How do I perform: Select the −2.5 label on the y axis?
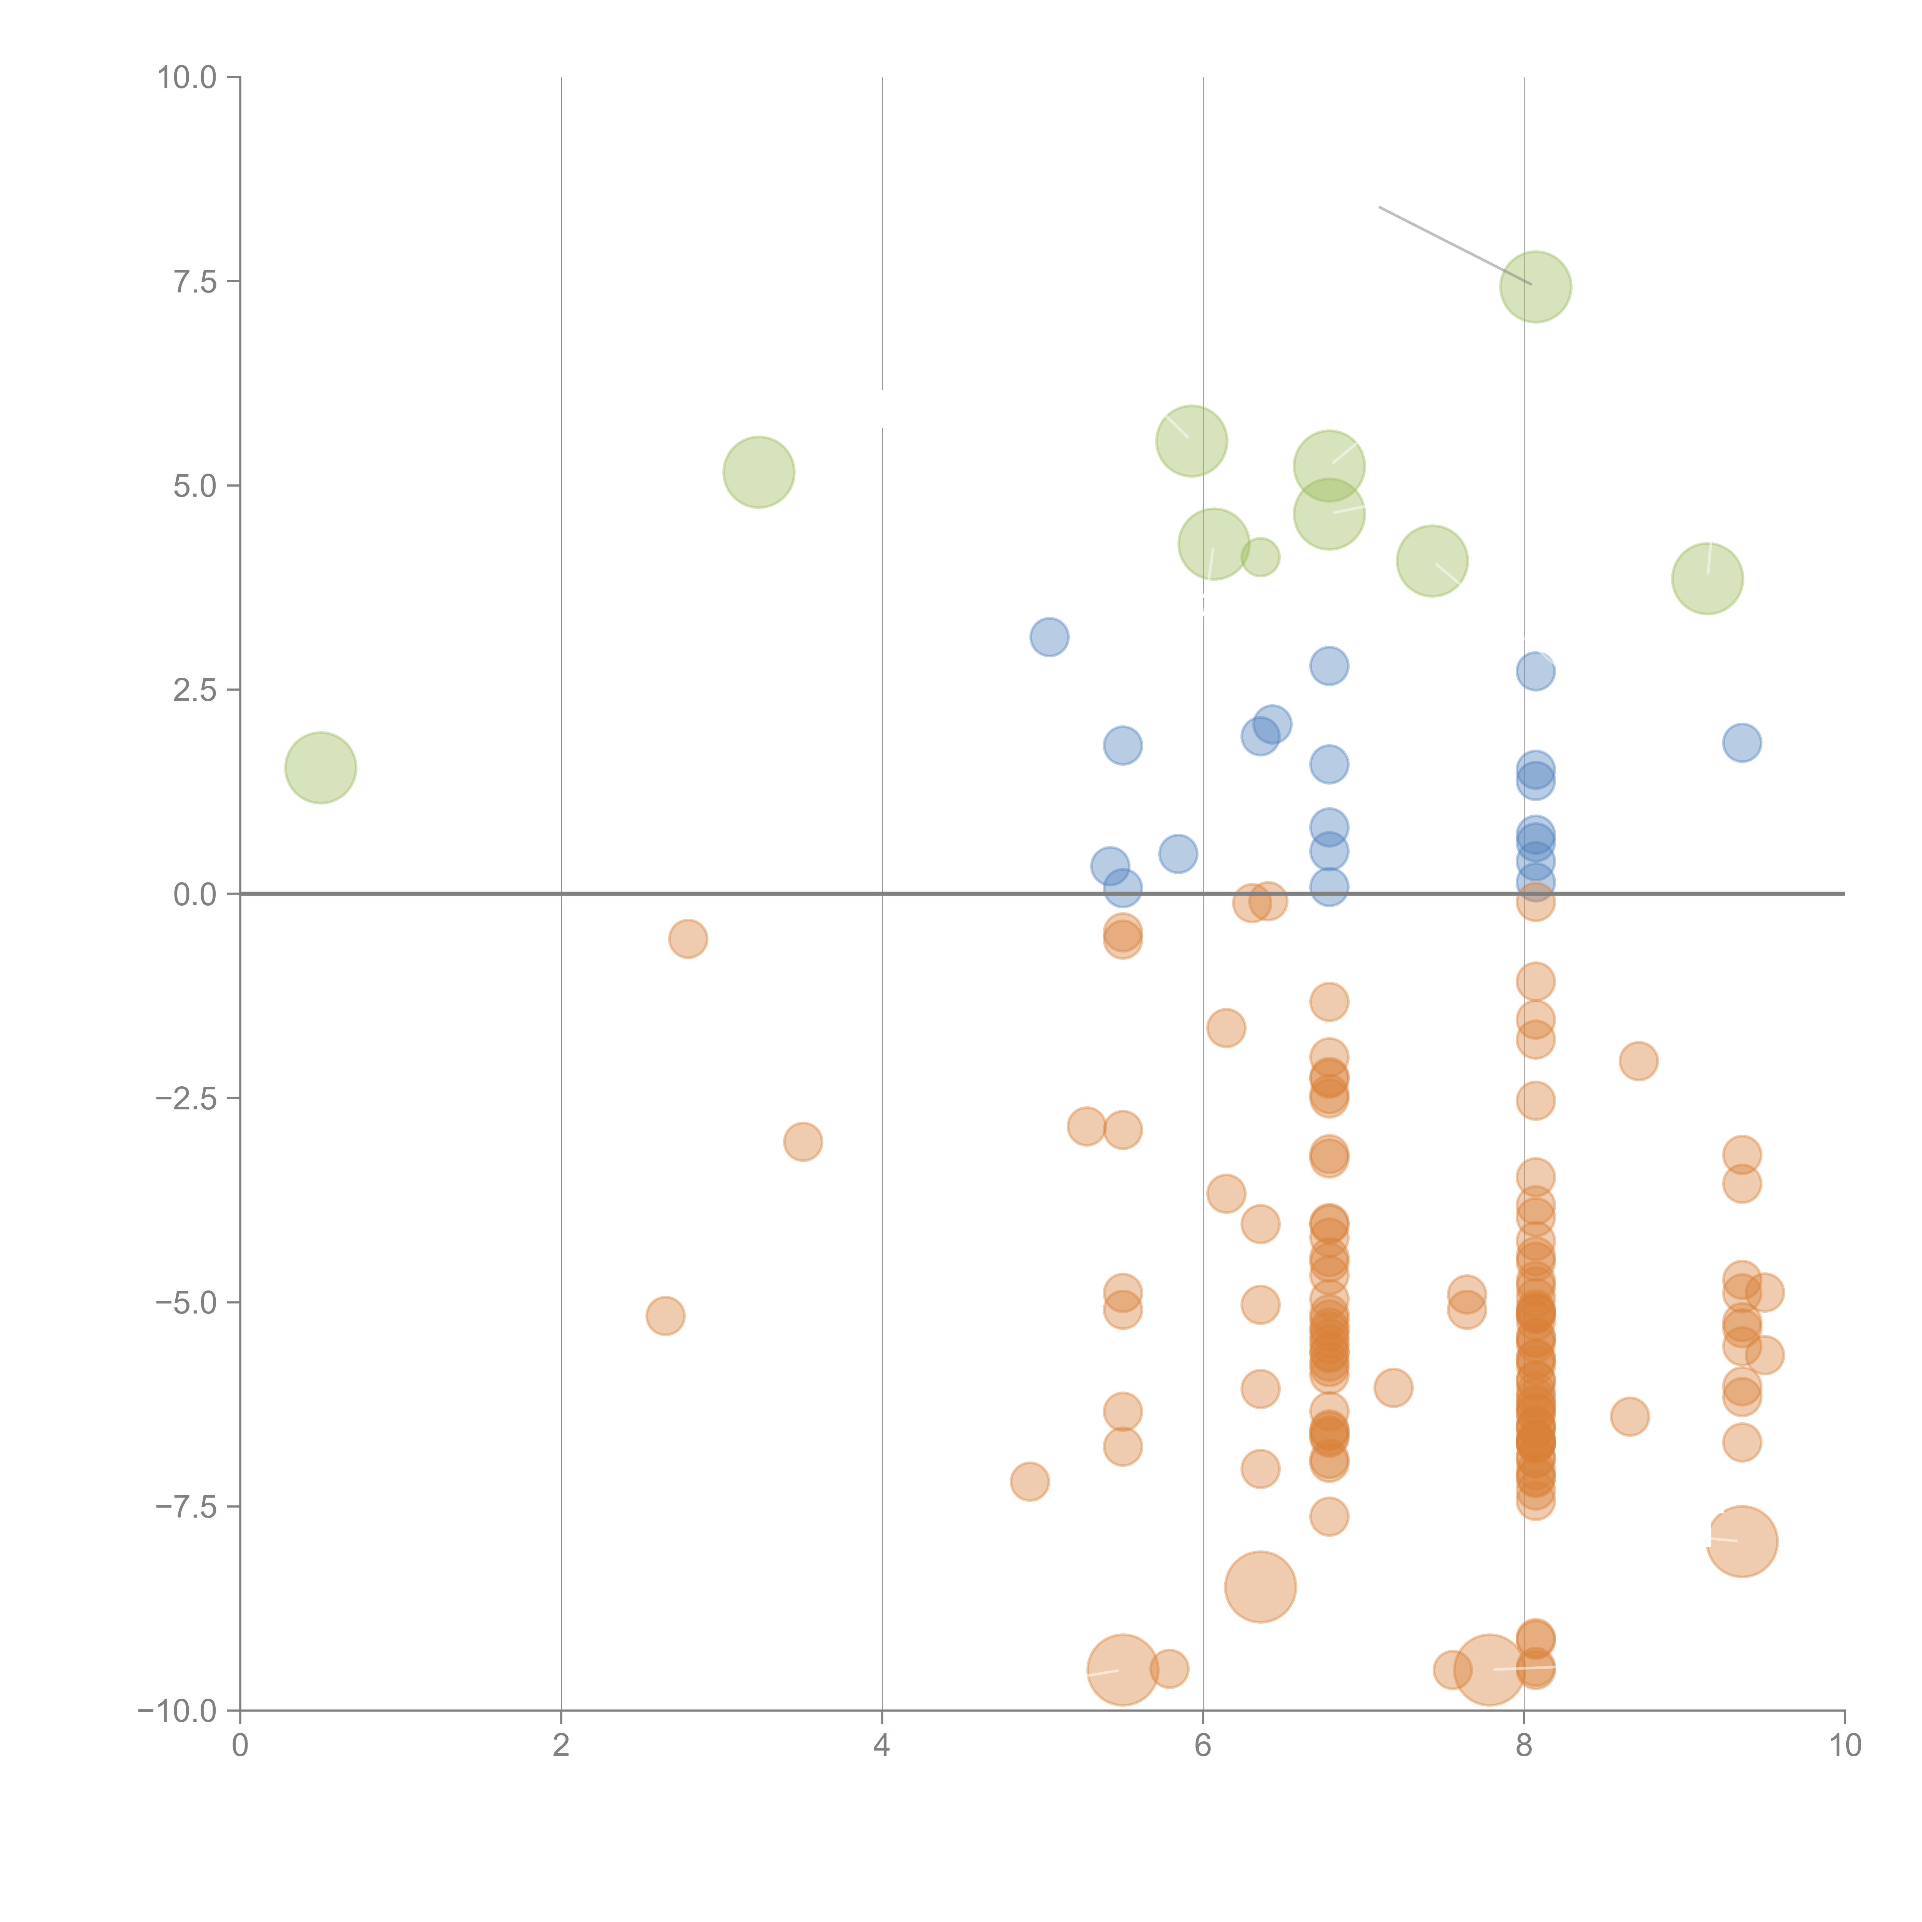[x=187, y=1098]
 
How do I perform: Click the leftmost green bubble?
[x=320, y=768]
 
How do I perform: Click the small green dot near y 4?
[x=1260, y=557]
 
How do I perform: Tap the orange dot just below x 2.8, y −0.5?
[x=687, y=938]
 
